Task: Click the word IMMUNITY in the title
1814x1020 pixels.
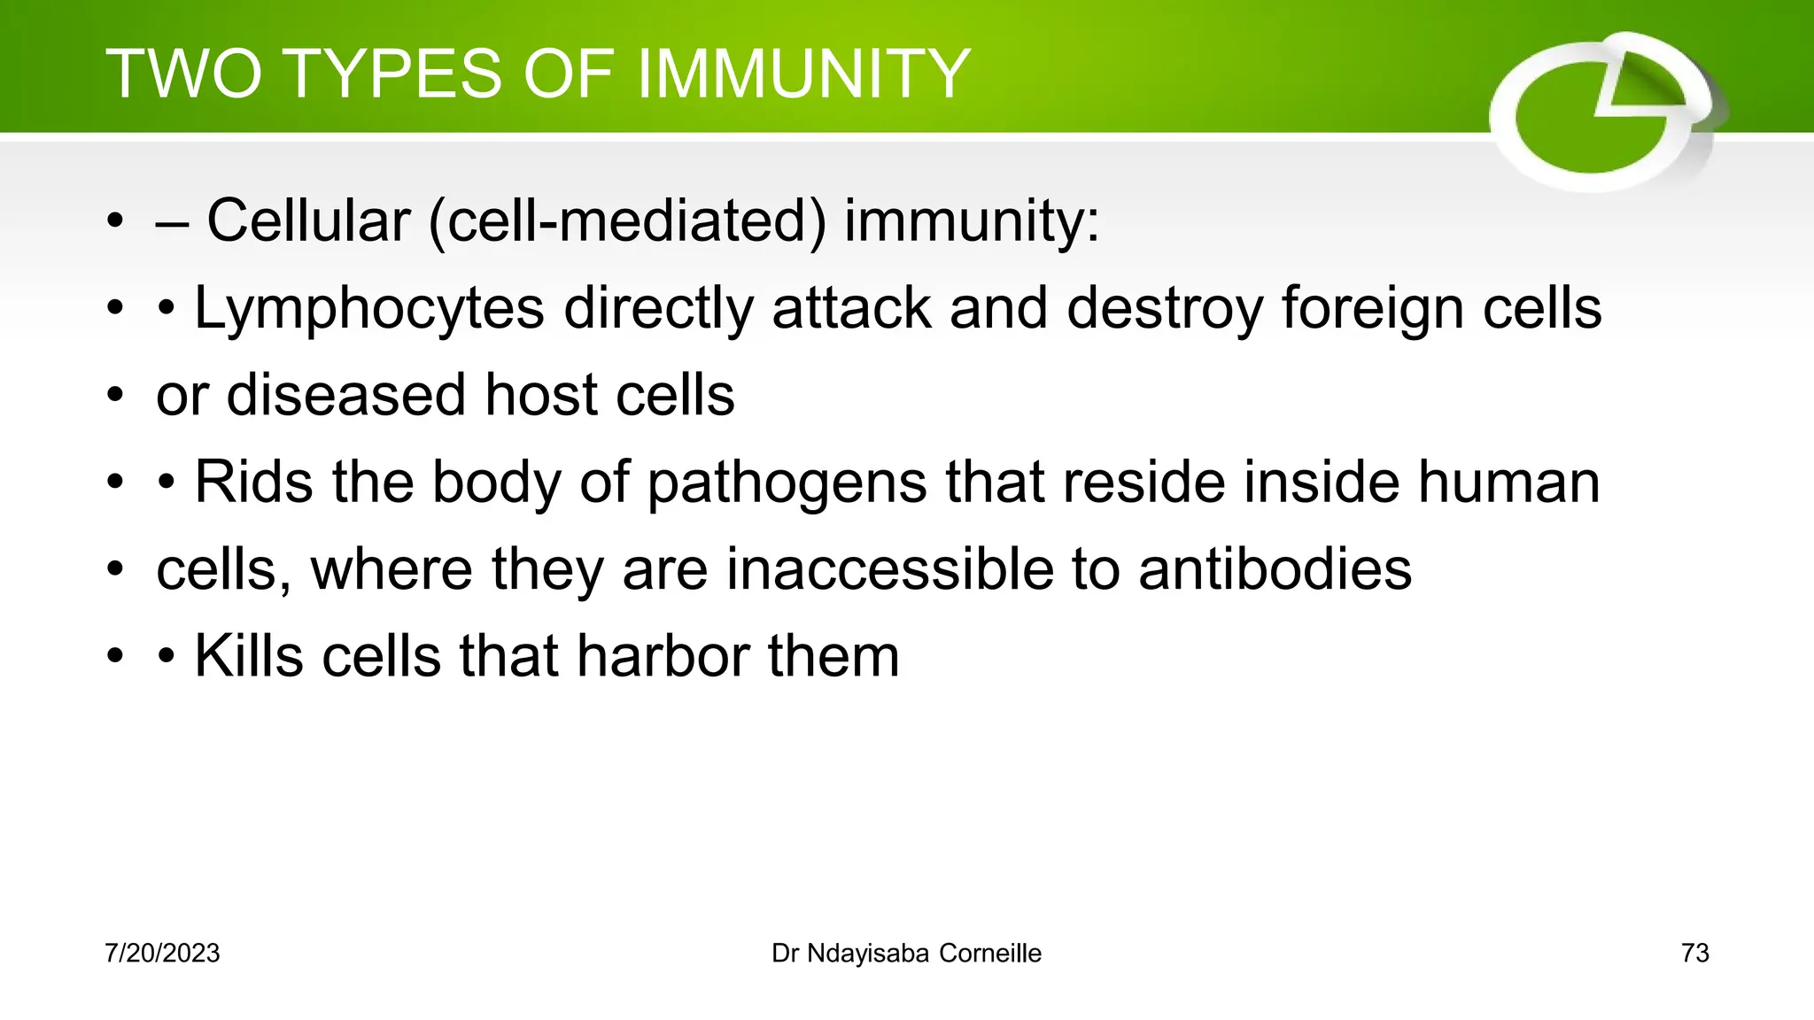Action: click(x=803, y=73)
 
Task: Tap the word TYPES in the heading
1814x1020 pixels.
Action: click(x=394, y=73)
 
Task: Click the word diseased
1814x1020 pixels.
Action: click(x=346, y=395)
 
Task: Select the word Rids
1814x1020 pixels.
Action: click(x=253, y=482)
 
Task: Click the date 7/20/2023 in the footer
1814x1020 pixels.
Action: click(x=162, y=954)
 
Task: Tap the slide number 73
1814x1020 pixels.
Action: click(x=1694, y=954)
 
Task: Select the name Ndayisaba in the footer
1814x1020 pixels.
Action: click(x=868, y=954)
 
